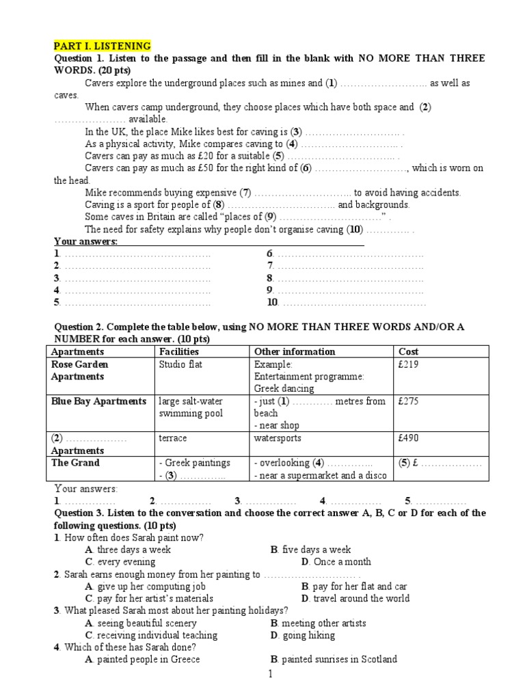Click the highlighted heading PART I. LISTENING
pyautogui.click(x=103, y=46)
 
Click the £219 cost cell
pyautogui.click(x=409, y=364)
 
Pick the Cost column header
pyautogui.click(x=409, y=351)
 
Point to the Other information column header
pyautogui.click(x=295, y=351)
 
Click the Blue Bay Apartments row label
pyautogui.click(x=98, y=401)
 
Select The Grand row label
pyautogui.click(x=75, y=463)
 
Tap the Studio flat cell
pyautogui.click(x=180, y=364)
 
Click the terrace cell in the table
pyautogui.click(x=172, y=438)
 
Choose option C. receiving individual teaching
pyautogui.click(x=151, y=636)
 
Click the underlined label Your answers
pyautogui.click(x=86, y=242)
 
